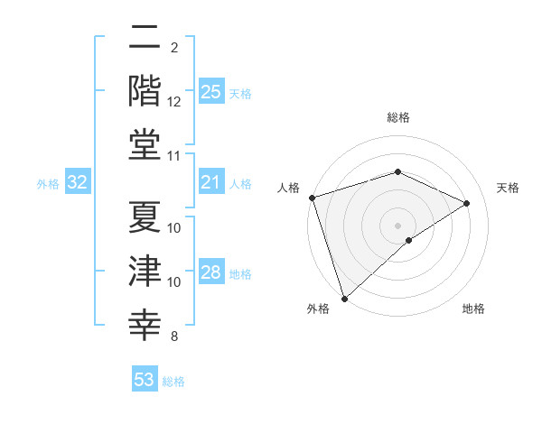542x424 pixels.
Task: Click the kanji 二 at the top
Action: [x=145, y=38]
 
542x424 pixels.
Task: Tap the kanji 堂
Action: [x=145, y=145]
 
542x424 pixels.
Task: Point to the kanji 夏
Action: [x=145, y=217]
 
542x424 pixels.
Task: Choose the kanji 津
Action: [x=145, y=272]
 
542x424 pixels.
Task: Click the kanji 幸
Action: [x=145, y=325]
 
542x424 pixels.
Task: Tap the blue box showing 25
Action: [x=211, y=91]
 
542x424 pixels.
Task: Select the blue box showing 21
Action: [x=211, y=183]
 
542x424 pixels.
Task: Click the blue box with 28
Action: [x=211, y=272]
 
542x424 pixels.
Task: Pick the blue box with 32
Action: [x=78, y=183]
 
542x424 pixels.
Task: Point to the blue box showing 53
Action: [x=145, y=380]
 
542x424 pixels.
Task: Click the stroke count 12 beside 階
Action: [x=174, y=102]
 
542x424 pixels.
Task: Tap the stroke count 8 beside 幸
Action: [x=174, y=336]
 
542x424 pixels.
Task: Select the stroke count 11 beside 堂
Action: [x=174, y=156]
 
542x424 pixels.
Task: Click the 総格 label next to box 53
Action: [x=173, y=382]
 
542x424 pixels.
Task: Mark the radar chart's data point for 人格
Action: [x=312, y=198]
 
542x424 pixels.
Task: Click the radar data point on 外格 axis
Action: [x=345, y=298]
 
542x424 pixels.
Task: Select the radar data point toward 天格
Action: [x=467, y=203]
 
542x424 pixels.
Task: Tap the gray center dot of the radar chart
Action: [x=397, y=225]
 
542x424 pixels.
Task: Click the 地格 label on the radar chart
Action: [x=473, y=309]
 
